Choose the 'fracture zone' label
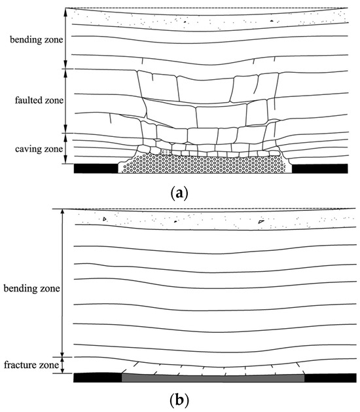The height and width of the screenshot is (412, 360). click(28, 364)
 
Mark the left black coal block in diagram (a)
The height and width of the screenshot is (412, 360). click(96, 168)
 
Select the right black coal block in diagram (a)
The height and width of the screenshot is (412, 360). click(319, 168)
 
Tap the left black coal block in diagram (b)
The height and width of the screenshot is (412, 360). click(98, 377)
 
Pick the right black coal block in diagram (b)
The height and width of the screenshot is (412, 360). click(326, 377)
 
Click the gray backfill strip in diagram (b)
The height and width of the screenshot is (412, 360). click(213, 377)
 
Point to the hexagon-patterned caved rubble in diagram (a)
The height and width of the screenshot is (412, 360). click(204, 164)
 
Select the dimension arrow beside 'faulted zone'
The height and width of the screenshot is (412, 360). click(66, 101)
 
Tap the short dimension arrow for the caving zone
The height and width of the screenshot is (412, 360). click(66, 149)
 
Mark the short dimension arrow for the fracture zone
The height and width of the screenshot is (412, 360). click(61, 364)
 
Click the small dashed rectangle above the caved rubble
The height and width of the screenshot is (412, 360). click(166, 151)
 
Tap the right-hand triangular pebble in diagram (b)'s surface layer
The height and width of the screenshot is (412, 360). click(261, 221)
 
